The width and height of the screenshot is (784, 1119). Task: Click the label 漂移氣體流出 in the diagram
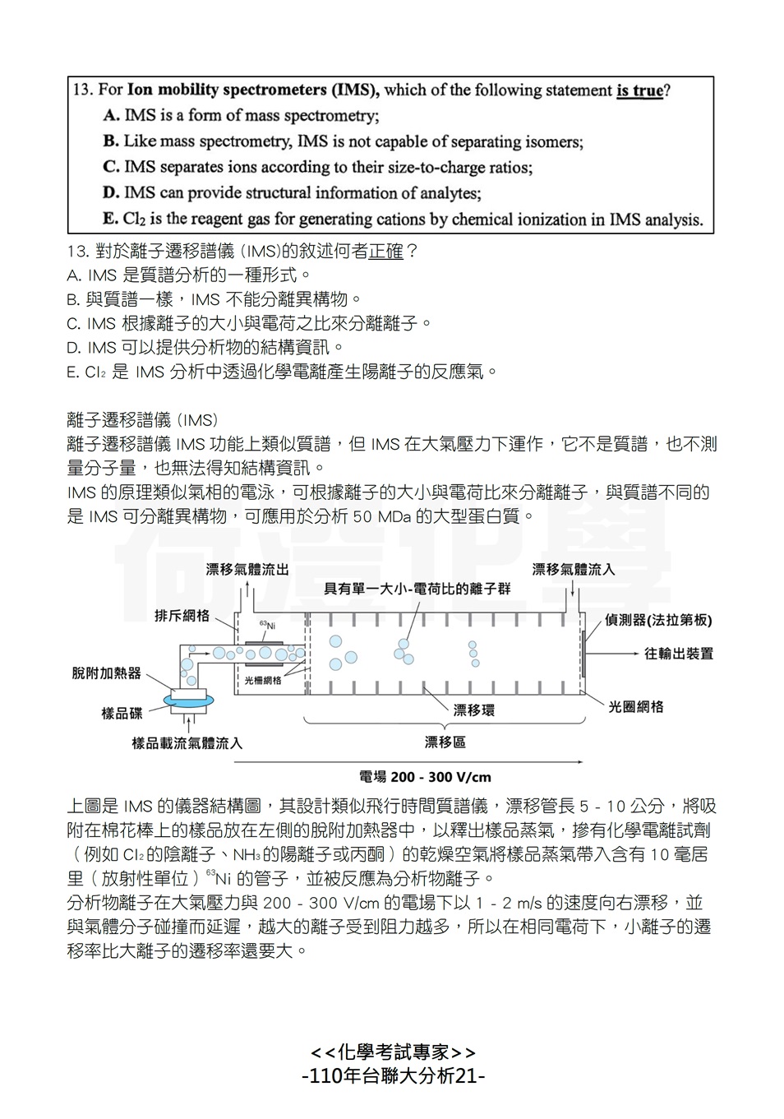[247, 569]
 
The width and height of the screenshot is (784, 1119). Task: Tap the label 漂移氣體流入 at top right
[573, 569]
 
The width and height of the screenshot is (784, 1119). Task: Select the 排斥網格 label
[182, 615]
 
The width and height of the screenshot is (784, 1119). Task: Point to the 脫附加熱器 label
[107, 673]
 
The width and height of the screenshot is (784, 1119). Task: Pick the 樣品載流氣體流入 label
[187, 743]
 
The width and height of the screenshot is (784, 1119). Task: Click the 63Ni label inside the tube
[267, 625]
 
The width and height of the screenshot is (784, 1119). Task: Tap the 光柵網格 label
[263, 680]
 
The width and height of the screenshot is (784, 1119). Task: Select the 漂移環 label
[474, 710]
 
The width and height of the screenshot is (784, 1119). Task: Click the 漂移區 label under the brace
[445, 742]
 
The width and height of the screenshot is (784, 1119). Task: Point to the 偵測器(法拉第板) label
[658, 620]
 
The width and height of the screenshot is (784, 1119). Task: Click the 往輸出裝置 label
[679, 654]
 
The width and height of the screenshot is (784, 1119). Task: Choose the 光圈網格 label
[636, 706]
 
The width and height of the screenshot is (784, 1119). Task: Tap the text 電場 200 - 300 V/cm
[425, 776]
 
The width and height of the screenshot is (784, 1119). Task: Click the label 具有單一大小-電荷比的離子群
[417, 588]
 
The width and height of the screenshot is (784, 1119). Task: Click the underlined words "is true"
[639, 90]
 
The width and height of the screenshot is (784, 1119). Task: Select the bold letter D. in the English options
[111, 193]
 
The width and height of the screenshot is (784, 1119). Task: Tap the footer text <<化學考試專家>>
[394, 1052]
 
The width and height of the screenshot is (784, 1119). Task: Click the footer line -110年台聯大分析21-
[394, 1075]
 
